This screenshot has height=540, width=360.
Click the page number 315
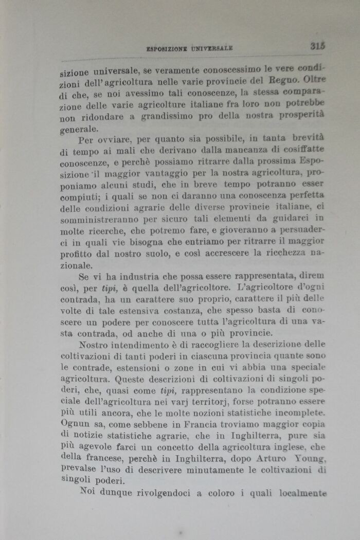(x=318, y=45)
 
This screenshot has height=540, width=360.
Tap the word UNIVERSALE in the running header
(x=212, y=48)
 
